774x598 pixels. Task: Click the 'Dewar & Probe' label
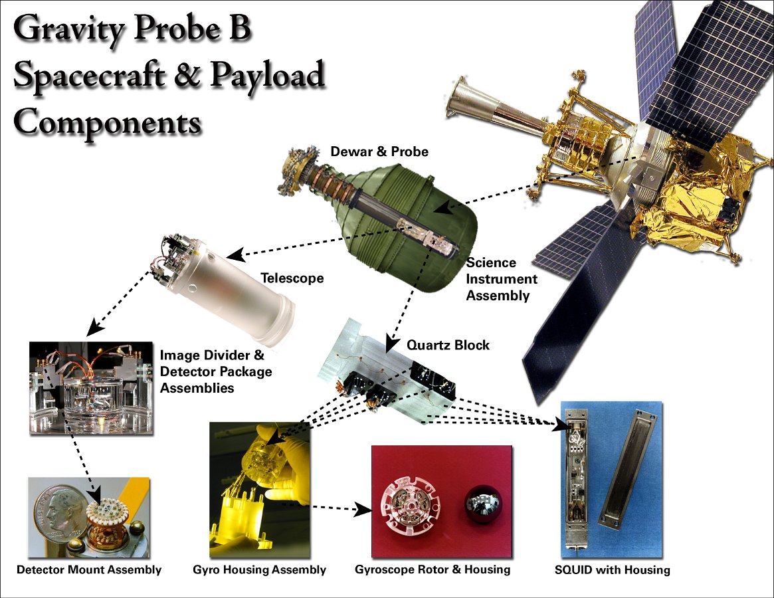click(379, 151)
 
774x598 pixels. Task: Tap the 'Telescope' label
click(292, 278)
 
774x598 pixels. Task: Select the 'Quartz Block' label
click(448, 345)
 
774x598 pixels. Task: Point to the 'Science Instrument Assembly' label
click(502, 279)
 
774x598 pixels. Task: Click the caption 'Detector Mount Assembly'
click(89, 570)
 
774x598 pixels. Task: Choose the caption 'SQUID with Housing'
click(612, 570)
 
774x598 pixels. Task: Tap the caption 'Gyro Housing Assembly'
click(259, 570)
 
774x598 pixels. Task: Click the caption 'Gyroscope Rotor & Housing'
click(433, 569)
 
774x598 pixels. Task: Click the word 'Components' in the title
click(108, 122)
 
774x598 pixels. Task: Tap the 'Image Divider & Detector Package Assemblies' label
click(216, 371)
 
